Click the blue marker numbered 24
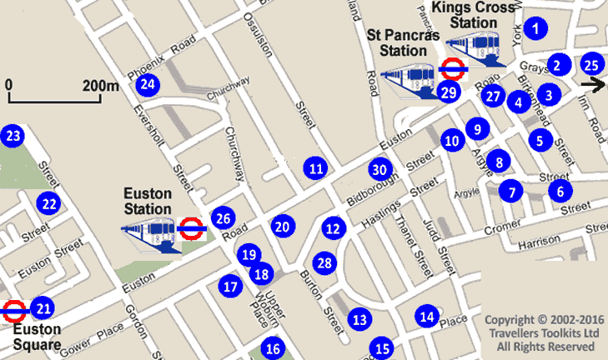(x=148, y=83)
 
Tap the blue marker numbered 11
(x=315, y=168)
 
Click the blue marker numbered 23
(x=12, y=136)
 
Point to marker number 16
(x=272, y=348)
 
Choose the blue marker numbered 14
(x=428, y=316)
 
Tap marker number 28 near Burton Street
(x=324, y=262)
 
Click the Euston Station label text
(x=148, y=201)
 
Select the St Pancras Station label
(x=397, y=42)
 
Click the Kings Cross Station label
(x=486, y=17)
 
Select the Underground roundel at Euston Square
(x=14, y=311)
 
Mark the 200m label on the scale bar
(x=101, y=85)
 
